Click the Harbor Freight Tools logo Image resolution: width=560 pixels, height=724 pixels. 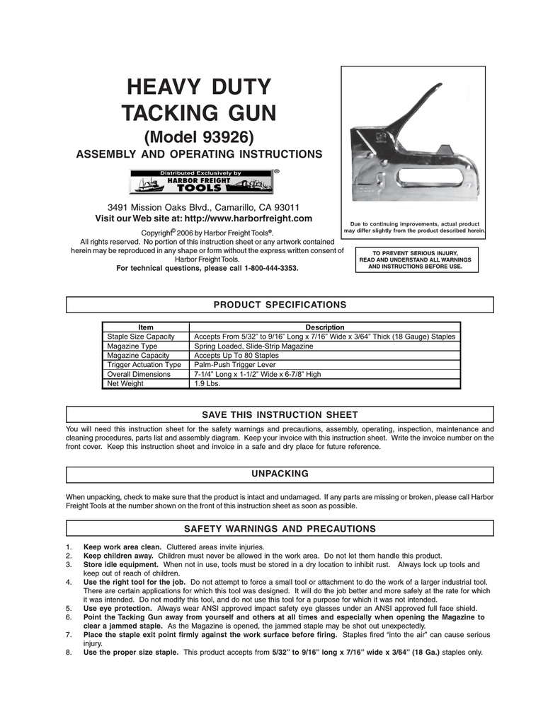click(x=200, y=182)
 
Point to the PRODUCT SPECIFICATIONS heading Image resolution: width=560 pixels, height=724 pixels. click(x=280, y=305)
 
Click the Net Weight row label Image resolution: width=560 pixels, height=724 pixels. click(x=125, y=384)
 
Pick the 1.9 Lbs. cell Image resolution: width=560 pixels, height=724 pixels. click(x=207, y=384)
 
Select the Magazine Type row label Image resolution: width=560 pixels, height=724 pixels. click(x=132, y=346)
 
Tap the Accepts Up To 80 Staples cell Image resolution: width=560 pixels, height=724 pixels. click(x=236, y=356)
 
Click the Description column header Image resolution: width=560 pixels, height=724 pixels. click(x=324, y=327)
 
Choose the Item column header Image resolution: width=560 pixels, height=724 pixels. click(x=146, y=327)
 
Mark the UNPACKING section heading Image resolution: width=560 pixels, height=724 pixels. click(x=280, y=473)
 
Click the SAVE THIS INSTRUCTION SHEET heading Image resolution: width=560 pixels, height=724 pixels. click(x=280, y=415)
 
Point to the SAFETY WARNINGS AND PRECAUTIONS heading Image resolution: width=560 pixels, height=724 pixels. click(x=280, y=529)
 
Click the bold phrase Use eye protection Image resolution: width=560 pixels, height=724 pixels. click(x=118, y=608)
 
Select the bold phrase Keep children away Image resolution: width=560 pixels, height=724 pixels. click(x=118, y=556)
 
